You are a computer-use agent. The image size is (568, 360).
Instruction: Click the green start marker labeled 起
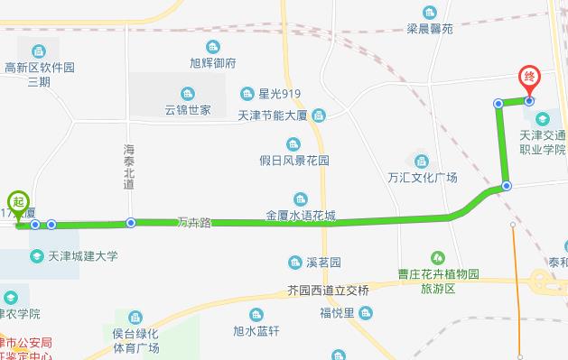(x=17, y=200)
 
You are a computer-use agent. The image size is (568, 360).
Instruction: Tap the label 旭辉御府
(x=213, y=63)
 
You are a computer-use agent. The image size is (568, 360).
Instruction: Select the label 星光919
(x=279, y=94)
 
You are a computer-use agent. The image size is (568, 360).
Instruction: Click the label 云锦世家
(x=187, y=110)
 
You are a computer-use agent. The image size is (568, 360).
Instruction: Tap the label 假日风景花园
(x=293, y=161)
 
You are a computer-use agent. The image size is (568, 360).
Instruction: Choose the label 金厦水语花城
(x=301, y=216)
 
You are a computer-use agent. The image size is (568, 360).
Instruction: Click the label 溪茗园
(x=322, y=263)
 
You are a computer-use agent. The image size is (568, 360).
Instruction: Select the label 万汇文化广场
(x=422, y=176)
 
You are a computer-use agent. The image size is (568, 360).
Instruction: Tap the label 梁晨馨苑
(x=429, y=29)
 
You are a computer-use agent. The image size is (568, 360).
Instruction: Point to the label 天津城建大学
(x=80, y=256)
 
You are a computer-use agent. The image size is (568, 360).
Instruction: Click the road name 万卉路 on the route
(x=193, y=222)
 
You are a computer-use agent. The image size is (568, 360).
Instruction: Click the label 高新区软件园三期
(x=39, y=74)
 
